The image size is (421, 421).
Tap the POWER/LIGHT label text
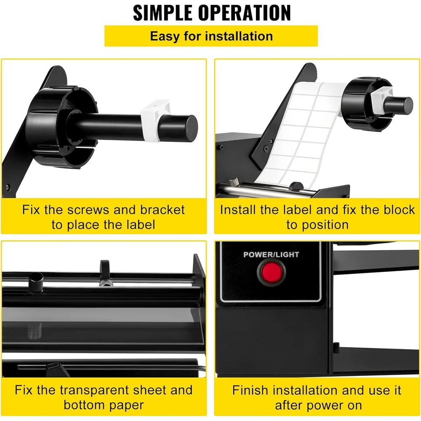pos(271,254)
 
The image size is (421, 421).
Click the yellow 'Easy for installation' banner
pos(211,36)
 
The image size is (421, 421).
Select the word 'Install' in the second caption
pos(238,210)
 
